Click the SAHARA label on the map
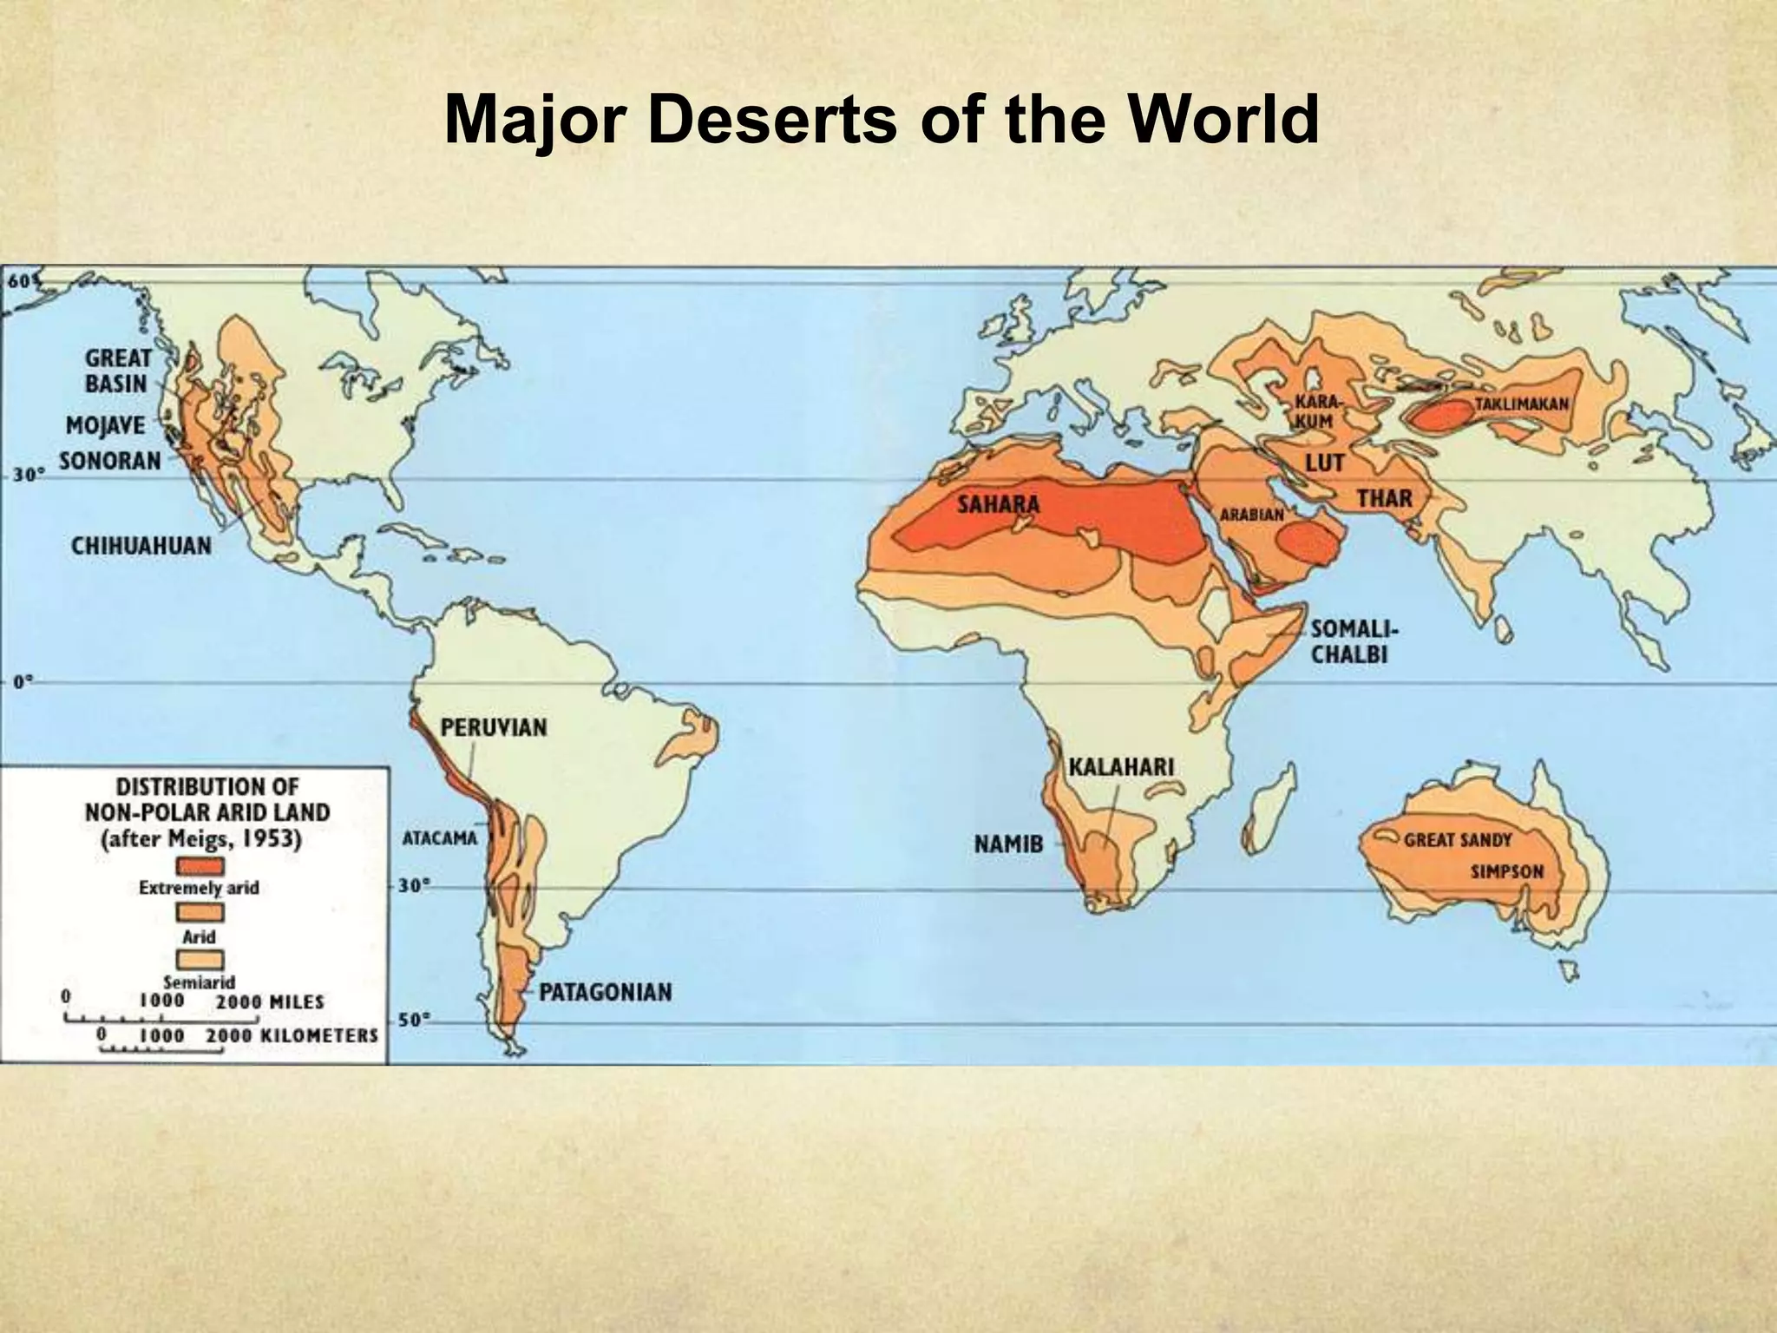[998, 504]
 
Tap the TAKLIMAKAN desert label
[1521, 404]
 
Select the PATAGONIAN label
[605, 992]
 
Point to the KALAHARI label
[1120, 767]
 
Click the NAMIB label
[1008, 843]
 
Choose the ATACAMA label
[440, 839]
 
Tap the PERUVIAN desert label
[494, 727]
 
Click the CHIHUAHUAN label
[141, 546]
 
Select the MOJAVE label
[106, 426]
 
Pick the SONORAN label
[110, 461]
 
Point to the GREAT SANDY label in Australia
[1458, 840]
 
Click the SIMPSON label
[1507, 871]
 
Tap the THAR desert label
[1385, 499]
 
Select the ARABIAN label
[1252, 515]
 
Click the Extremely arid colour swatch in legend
[200, 866]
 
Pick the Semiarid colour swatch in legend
[200, 960]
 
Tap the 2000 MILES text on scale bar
[269, 1001]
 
